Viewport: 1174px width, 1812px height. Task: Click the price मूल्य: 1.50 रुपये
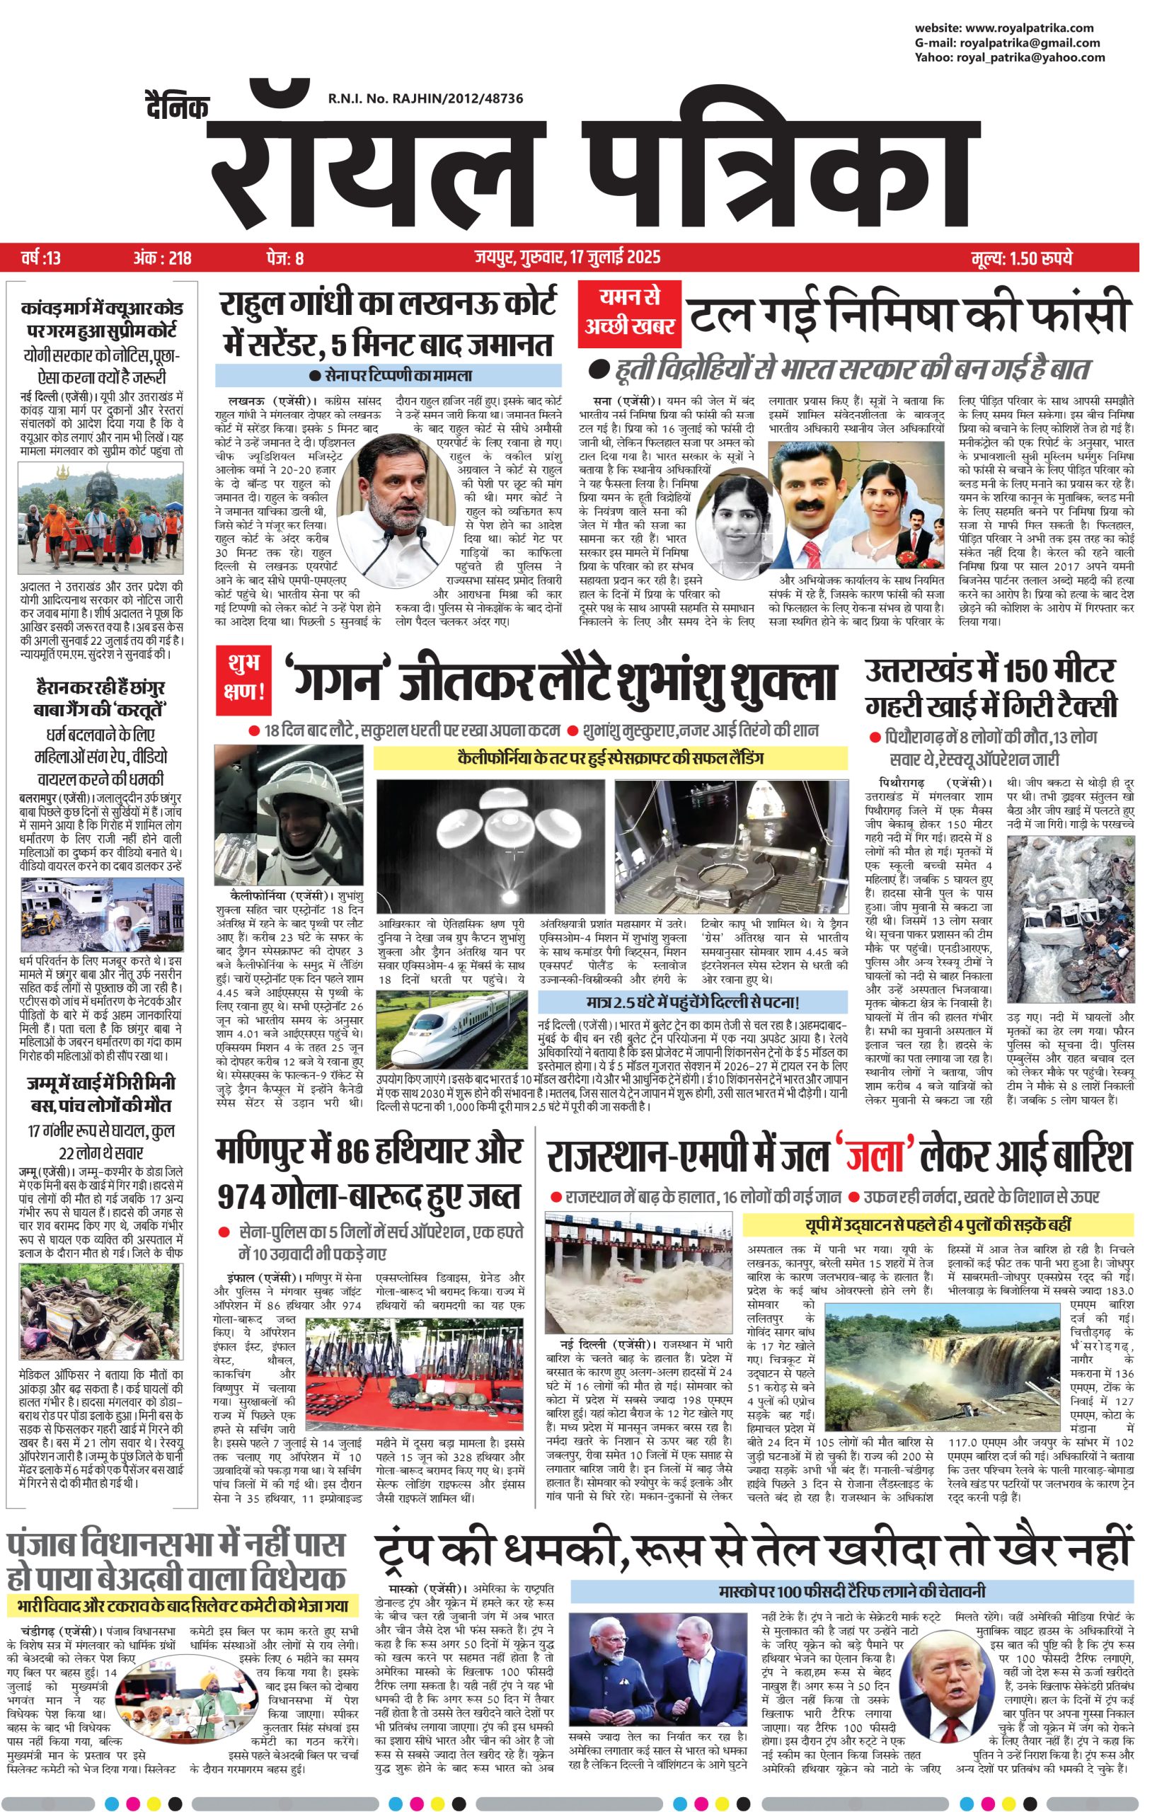(x=1021, y=258)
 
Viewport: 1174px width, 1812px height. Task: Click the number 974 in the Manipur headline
(x=255, y=1216)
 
